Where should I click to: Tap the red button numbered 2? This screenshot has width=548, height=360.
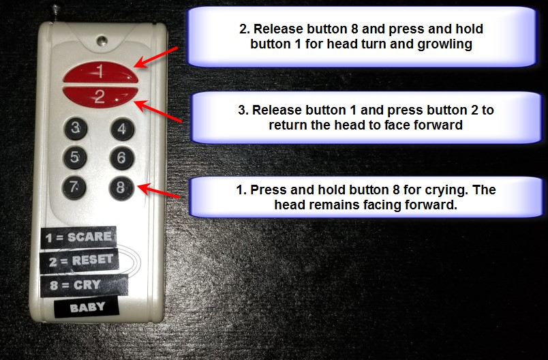pyautogui.click(x=100, y=96)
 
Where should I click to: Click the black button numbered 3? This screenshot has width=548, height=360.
pyautogui.click(x=76, y=128)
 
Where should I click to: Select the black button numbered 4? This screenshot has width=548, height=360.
pyautogui.click(x=122, y=129)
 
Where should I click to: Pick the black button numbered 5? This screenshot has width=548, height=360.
pyautogui.click(x=75, y=157)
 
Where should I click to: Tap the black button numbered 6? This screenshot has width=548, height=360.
pyautogui.click(x=122, y=158)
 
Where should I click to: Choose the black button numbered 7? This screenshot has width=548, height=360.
pyautogui.click(x=74, y=187)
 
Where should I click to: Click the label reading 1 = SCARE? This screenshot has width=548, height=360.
pyautogui.click(x=78, y=237)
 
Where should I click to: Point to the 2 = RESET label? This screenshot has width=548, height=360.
pyautogui.click(x=79, y=260)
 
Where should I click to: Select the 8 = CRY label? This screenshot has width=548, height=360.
pyautogui.click(x=84, y=286)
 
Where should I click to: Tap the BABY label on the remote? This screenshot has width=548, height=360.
pyautogui.click(x=87, y=307)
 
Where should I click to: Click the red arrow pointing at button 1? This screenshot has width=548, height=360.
pyautogui.click(x=156, y=57)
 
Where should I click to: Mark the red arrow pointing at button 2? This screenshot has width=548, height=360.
pyautogui.click(x=158, y=111)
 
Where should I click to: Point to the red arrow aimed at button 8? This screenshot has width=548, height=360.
pyautogui.click(x=158, y=190)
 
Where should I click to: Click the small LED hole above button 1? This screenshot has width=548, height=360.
pyautogui.click(x=102, y=41)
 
